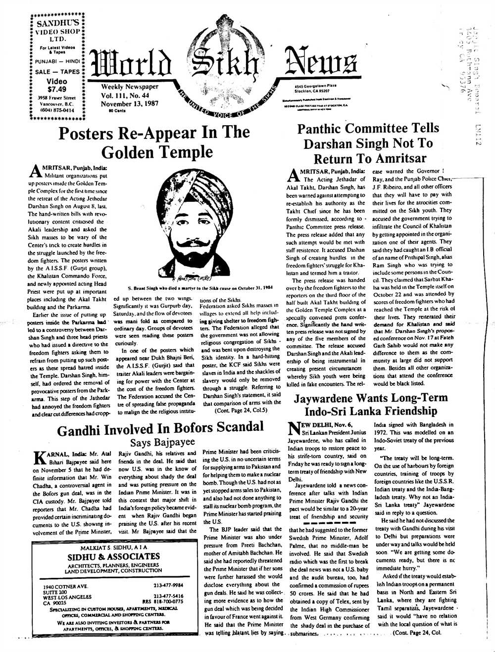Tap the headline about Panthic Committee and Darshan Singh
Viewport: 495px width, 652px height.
[x=368, y=143]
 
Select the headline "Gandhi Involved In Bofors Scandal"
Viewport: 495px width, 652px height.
[x=160, y=429]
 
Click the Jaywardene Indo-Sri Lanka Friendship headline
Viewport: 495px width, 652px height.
[x=371, y=404]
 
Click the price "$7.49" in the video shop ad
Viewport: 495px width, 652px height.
[x=56, y=90]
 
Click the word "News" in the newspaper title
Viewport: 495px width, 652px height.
[x=321, y=64]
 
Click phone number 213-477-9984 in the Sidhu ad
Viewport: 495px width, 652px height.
[x=168, y=585]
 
